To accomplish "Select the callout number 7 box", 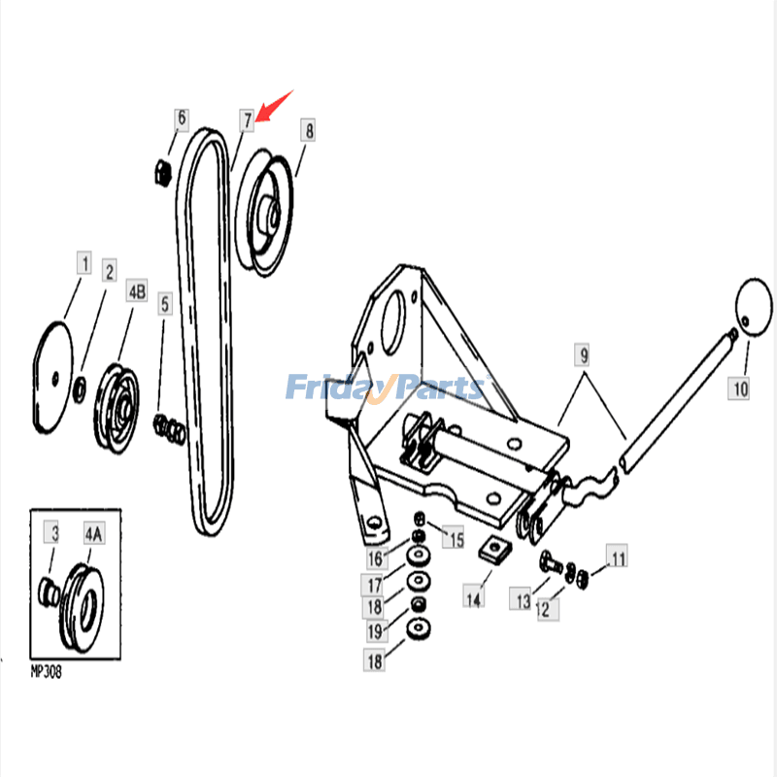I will pos(248,120).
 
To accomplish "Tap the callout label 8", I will pos(307,130).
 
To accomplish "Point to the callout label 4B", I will pos(136,291).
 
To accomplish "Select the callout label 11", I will pos(618,557).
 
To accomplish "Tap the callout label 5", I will pos(165,305).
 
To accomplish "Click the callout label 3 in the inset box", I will pos(54,533).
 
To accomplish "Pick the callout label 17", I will pos(373,586).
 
